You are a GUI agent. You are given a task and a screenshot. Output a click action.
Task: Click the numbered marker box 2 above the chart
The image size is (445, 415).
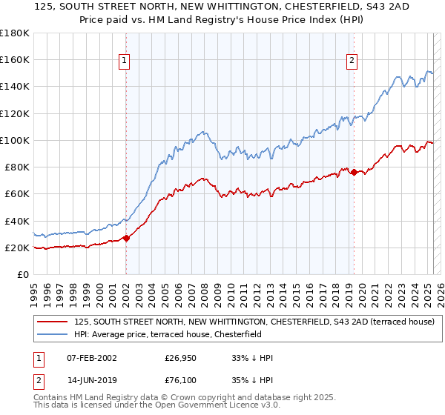(352, 62)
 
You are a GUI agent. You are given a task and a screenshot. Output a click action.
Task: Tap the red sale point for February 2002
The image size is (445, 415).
(126, 238)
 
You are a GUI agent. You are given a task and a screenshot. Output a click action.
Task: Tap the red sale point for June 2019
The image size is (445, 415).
(354, 172)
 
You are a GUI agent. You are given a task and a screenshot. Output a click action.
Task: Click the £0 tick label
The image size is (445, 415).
(23, 274)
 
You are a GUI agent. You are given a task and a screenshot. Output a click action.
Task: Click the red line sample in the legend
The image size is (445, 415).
(53, 322)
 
